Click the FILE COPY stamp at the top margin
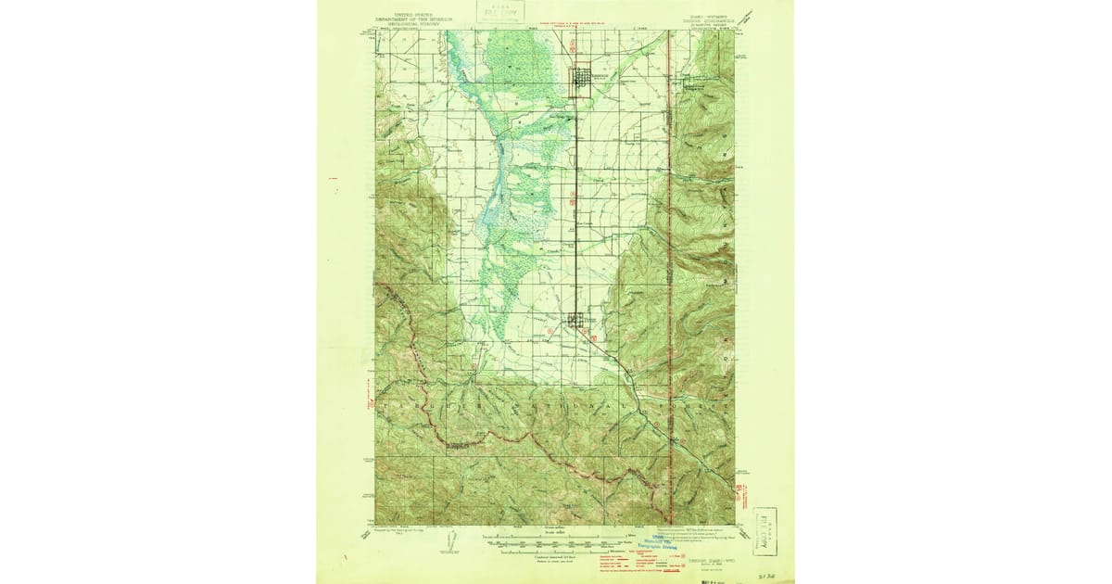501,11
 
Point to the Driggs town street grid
582,79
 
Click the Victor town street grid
577,320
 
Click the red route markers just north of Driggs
575,44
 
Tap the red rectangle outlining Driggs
581,80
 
